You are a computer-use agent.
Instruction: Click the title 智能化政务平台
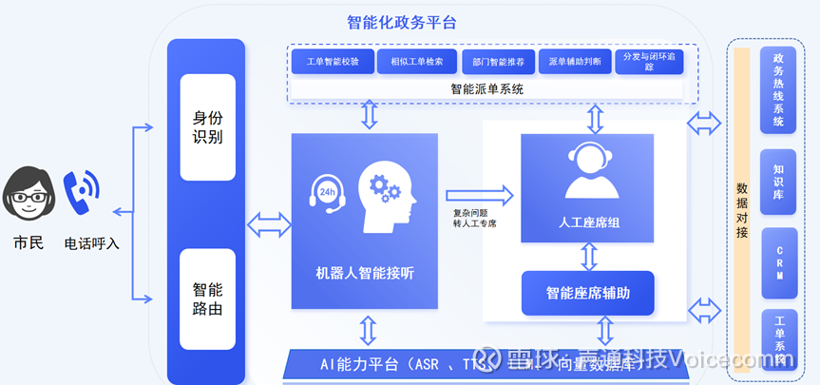click(x=402, y=22)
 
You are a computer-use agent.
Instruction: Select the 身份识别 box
click(x=207, y=126)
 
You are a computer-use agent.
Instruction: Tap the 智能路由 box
click(x=207, y=298)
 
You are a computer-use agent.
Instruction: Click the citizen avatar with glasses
click(x=29, y=195)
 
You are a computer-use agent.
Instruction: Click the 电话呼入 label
click(x=92, y=243)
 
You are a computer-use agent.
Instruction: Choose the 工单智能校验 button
click(x=333, y=62)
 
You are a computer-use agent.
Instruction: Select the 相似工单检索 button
click(x=410, y=62)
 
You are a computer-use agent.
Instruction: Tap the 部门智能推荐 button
click(x=498, y=62)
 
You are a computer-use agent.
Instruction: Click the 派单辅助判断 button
click(x=575, y=62)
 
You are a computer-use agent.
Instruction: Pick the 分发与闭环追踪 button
click(x=650, y=62)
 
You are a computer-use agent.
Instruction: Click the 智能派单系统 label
click(x=486, y=88)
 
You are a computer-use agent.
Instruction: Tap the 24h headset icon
click(x=326, y=192)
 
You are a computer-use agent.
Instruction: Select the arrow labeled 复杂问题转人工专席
click(x=480, y=196)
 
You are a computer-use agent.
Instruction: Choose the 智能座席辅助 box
click(x=587, y=293)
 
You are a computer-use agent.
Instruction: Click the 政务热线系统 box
click(x=778, y=89)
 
